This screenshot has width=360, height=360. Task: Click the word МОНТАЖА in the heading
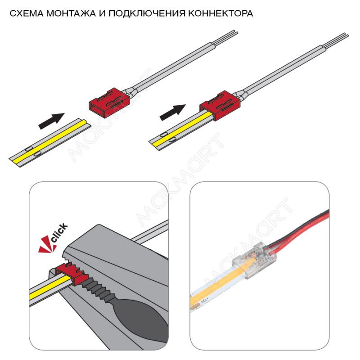coord(71,13)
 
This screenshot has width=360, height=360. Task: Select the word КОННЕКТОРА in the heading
coord(220,13)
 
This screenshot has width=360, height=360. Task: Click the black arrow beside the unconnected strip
coord(51,121)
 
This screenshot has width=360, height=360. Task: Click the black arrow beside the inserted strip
coord(173,112)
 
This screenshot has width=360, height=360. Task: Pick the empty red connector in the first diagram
coord(109,103)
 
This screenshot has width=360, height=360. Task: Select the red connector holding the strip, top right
coord(220,105)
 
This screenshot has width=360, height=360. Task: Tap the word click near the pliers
coord(59,233)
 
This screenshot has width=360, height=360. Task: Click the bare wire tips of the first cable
coord(225,37)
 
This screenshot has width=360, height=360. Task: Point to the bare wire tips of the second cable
coord(336,40)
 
